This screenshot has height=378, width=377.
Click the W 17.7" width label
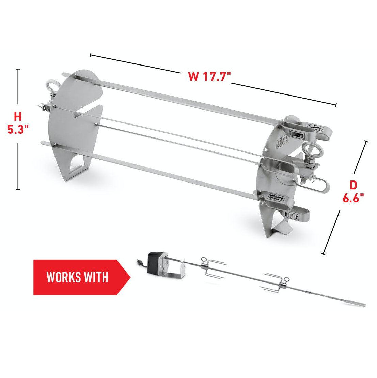[x=209, y=76]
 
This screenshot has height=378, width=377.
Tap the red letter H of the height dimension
[x=18, y=116]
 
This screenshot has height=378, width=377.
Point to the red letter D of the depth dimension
[x=353, y=185]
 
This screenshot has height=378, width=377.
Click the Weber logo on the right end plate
[x=282, y=142]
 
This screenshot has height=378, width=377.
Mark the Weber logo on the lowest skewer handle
[x=292, y=215]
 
